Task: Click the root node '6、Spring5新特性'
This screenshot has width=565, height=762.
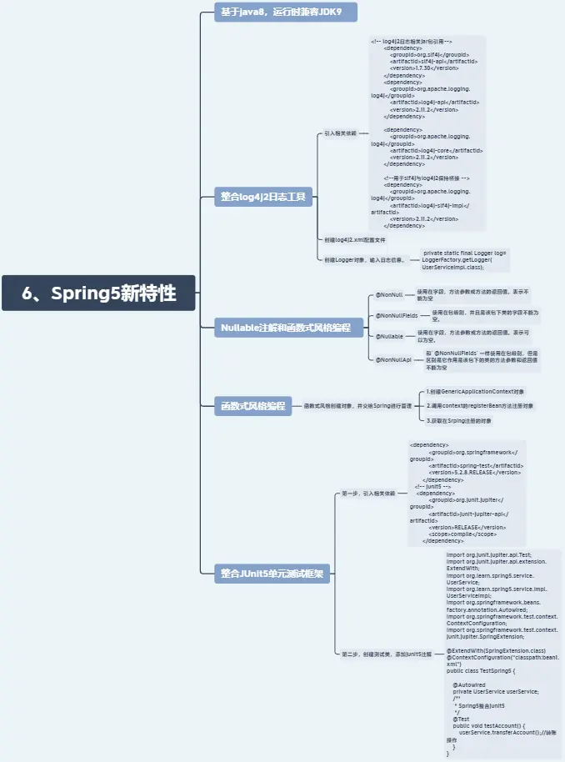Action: click(x=98, y=293)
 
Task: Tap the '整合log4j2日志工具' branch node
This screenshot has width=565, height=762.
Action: click(x=262, y=197)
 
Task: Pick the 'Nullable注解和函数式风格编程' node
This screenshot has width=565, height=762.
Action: click(x=286, y=328)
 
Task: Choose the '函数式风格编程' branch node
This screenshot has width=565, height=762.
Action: click(x=252, y=406)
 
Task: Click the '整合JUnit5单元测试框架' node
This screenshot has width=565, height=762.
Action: click(x=272, y=574)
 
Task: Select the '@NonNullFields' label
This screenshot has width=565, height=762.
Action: click(x=397, y=316)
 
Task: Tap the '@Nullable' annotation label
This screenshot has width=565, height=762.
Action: click(x=389, y=336)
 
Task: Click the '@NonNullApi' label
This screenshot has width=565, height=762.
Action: click(x=393, y=359)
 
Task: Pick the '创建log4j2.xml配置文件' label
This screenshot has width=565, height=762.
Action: click(x=354, y=240)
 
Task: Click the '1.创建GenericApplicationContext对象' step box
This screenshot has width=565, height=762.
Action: click(x=474, y=391)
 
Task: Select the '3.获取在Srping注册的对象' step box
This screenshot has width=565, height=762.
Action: click(x=458, y=421)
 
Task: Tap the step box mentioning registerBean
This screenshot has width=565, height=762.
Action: click(x=479, y=406)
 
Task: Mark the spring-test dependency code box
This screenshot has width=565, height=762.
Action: click(x=466, y=493)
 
